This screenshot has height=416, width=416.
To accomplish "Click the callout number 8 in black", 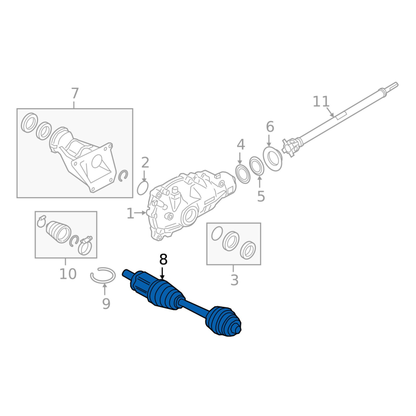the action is [x=163, y=259].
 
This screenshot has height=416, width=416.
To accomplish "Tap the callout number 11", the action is [x=321, y=101].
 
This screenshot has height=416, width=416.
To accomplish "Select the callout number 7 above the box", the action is [x=75, y=94].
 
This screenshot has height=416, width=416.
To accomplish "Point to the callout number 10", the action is [x=68, y=274].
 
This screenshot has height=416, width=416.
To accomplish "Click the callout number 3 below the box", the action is [x=235, y=280].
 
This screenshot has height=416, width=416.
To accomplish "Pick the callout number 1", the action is [x=131, y=214].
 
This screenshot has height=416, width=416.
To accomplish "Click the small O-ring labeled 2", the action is [x=142, y=188].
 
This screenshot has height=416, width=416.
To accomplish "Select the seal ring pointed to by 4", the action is [x=243, y=174].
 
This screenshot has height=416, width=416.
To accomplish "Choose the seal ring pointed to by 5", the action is [x=256, y=166].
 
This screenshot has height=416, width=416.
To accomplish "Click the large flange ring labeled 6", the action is [x=272, y=159].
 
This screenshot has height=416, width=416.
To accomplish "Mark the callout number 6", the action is [x=270, y=127].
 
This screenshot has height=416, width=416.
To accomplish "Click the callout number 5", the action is [x=261, y=197].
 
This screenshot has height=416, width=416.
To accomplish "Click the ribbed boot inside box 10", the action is [x=58, y=231].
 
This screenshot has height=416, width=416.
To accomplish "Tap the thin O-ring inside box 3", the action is [x=217, y=233].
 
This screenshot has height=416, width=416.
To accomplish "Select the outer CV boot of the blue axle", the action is [x=223, y=321].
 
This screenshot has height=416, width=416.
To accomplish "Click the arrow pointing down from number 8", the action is [x=162, y=273].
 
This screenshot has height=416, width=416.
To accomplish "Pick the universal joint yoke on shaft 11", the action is [x=290, y=148].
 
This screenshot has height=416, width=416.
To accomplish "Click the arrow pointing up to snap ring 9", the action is [x=105, y=289].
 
